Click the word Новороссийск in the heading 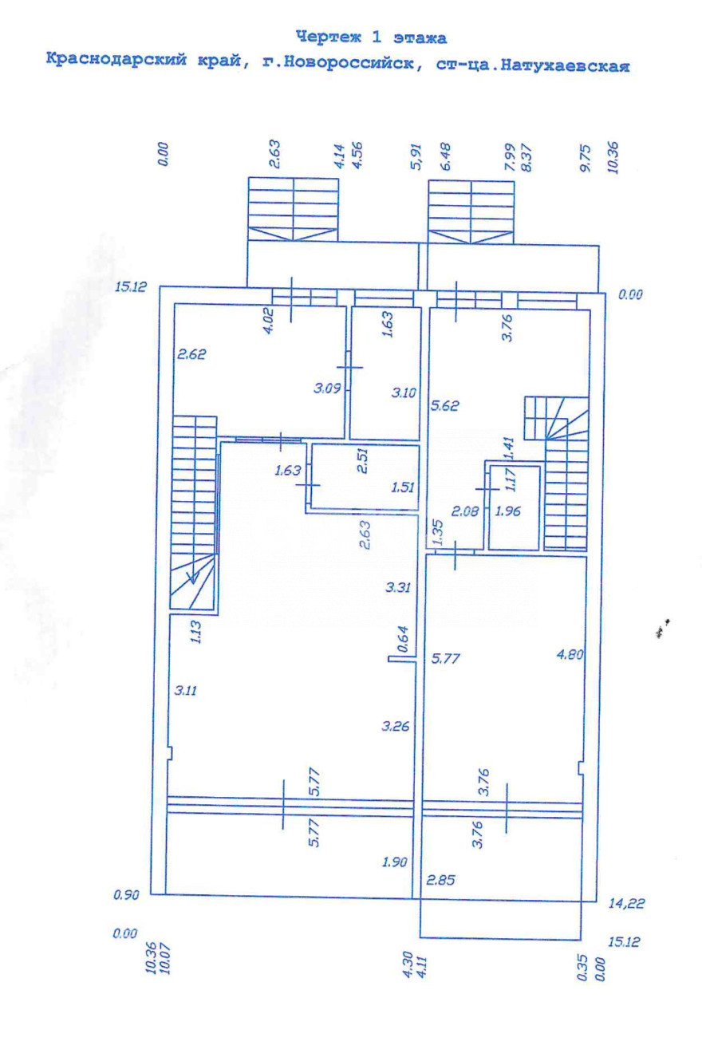point(349,62)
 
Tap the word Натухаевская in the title point(565,65)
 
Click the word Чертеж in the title point(329,37)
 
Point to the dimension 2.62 point(191,354)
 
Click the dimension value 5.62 point(445,405)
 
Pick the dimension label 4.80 point(570,654)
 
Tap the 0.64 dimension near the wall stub point(403,639)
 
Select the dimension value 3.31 point(398,587)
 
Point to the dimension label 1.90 point(394,862)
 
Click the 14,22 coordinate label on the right point(626,903)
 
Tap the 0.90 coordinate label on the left point(126,895)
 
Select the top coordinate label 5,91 point(416,156)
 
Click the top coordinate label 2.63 point(274,153)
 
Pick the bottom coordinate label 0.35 point(582,968)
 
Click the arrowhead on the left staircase point(192,578)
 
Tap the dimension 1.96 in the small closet point(507,511)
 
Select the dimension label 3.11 point(185,691)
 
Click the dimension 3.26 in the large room point(396,726)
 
